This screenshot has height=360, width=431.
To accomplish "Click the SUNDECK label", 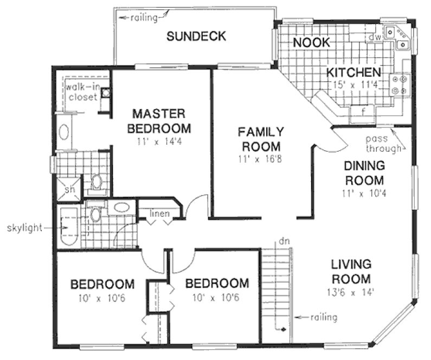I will point(196,37).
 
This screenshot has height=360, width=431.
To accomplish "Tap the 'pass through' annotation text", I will point(383,143).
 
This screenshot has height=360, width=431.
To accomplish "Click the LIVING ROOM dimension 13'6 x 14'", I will point(351,293).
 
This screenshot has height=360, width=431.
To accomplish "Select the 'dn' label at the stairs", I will point(281,239).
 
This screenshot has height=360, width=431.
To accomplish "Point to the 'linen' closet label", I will point(160,214).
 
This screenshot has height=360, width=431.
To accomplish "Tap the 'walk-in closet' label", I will point(82,92).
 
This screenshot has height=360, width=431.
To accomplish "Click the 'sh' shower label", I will point(69,189).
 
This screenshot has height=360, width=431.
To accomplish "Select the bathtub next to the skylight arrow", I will point(69,225).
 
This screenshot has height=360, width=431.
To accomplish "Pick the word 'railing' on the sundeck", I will point(143,18).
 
